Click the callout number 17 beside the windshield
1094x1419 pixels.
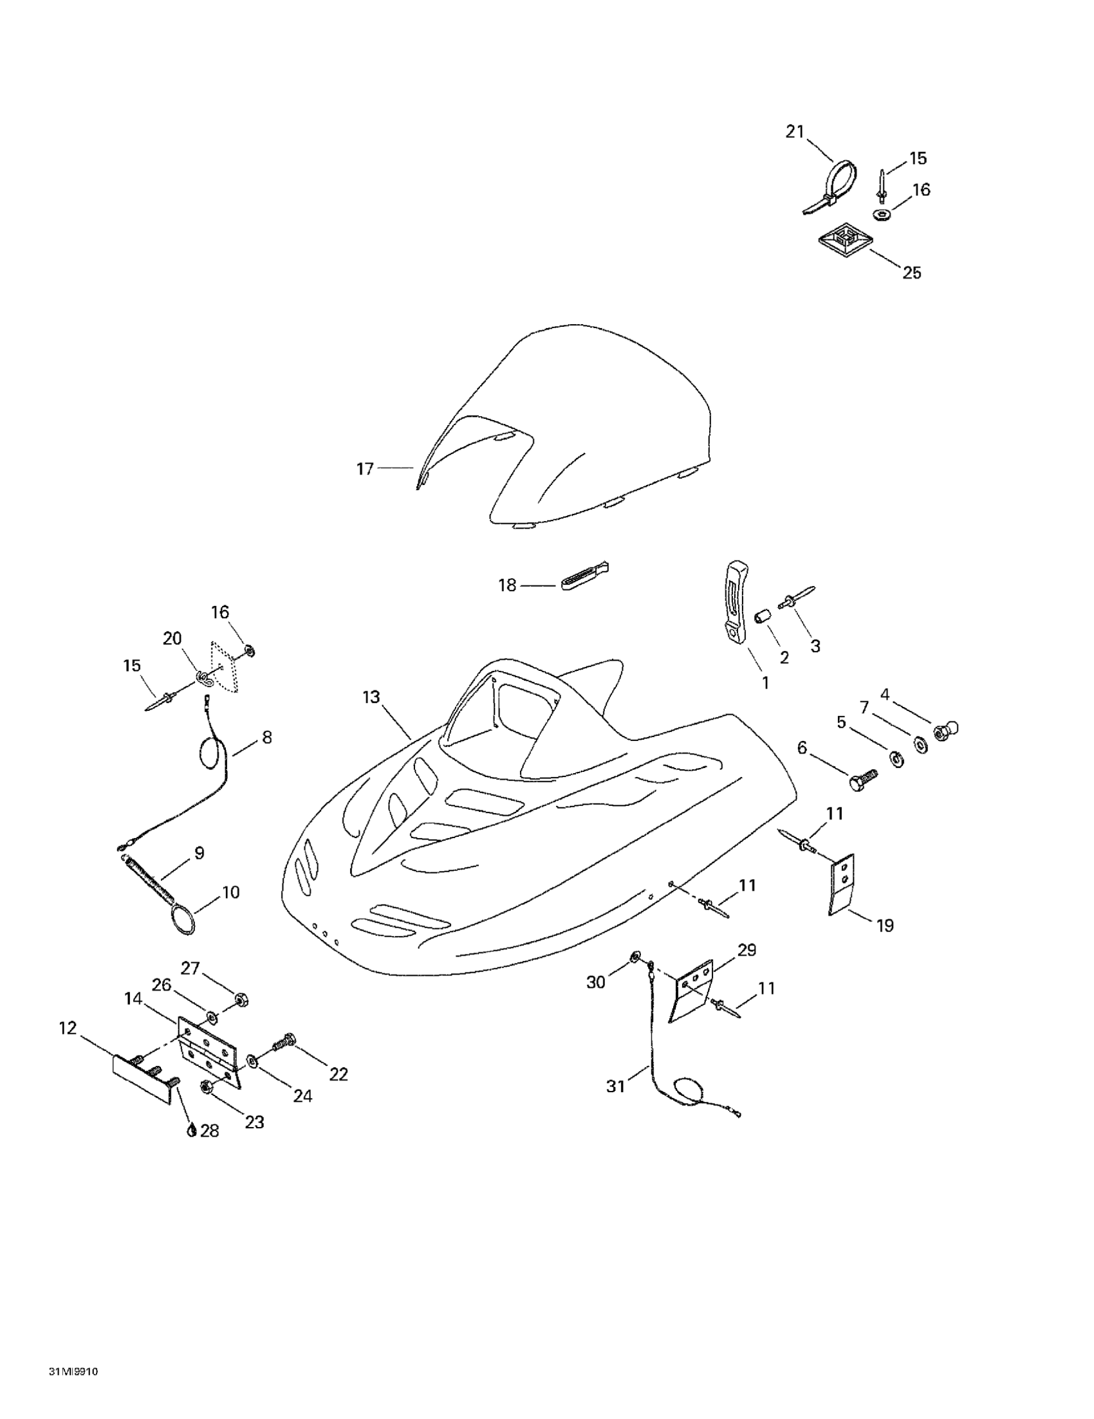pyautogui.click(x=365, y=468)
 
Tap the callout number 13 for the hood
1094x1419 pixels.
pyautogui.click(x=371, y=697)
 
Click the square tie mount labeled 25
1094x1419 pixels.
pyautogui.click(x=844, y=241)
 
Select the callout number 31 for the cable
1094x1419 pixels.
pyautogui.click(x=615, y=1086)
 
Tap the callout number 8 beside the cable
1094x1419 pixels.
pyautogui.click(x=266, y=737)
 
